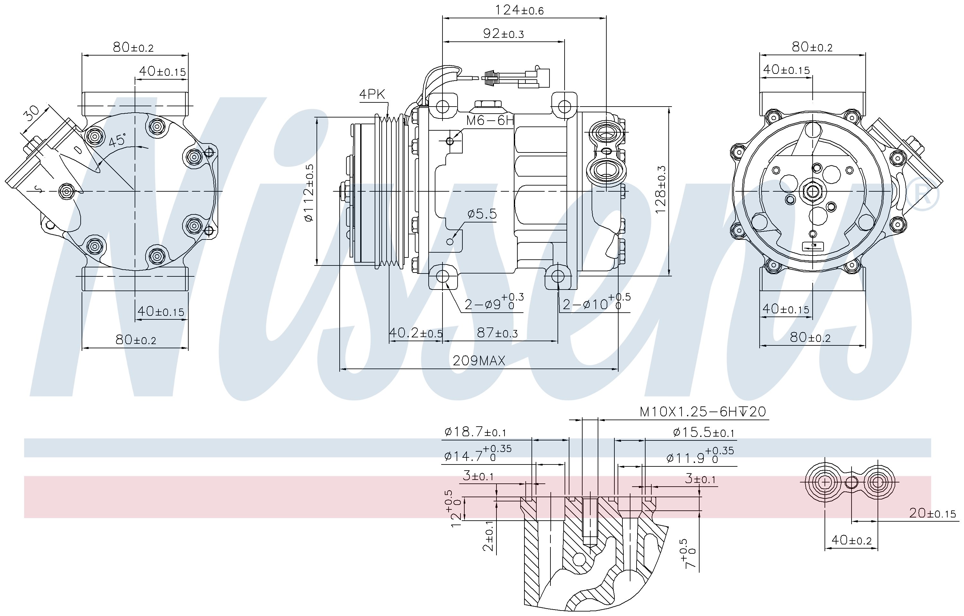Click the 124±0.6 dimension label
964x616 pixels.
[x=519, y=10]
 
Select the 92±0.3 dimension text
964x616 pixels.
[x=503, y=34]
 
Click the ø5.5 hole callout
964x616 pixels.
[x=482, y=214]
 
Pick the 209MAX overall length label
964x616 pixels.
[x=479, y=361]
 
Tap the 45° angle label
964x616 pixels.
[x=117, y=140]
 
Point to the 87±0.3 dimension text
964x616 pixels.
[x=497, y=333]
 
